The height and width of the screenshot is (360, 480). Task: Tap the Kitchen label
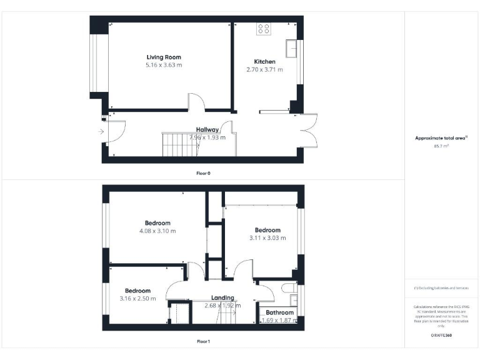coord(264,61)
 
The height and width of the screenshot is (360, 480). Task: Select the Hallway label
coord(207,130)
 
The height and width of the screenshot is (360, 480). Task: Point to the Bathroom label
coord(279,312)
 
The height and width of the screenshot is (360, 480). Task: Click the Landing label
coord(222,297)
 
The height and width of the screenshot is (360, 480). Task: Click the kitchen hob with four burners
coord(264,28)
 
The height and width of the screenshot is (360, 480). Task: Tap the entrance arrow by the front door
coord(100,131)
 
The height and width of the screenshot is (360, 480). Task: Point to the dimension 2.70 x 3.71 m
coord(264,69)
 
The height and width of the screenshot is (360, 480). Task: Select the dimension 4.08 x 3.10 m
coord(157,231)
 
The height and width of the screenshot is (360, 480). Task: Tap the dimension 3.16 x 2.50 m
coord(137,298)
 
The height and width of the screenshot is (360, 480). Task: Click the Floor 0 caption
coord(203,172)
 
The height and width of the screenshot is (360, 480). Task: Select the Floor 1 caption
coord(203,342)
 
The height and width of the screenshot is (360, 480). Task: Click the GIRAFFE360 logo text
coord(441,336)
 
